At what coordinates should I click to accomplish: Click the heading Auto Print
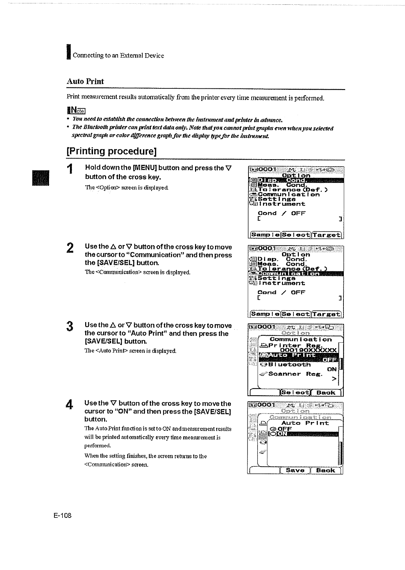85,81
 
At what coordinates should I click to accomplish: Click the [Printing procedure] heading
112,151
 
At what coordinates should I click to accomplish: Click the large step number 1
70,169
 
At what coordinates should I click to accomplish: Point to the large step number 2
70,248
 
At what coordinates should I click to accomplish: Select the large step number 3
70,326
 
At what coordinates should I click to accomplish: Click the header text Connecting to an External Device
118,56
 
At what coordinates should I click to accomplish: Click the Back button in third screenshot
326,393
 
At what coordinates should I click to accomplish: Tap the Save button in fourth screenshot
295,470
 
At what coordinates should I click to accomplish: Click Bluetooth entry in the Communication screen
289,365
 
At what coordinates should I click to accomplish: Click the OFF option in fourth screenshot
284,429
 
